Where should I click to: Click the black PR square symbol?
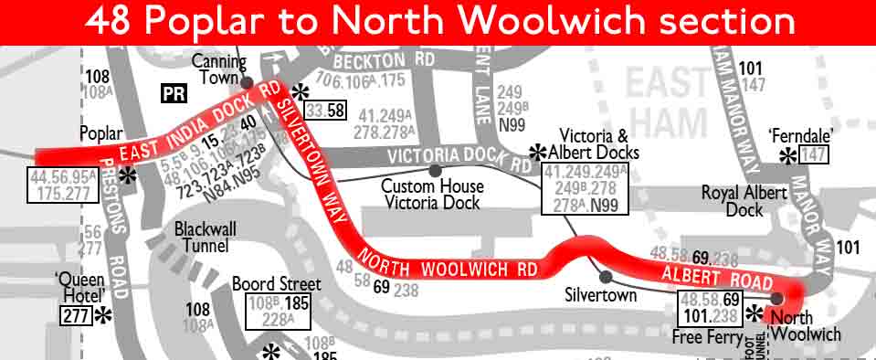point(173,93)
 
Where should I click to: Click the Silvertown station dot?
point(604,276)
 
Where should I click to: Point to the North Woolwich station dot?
point(777,298)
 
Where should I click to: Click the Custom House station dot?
point(434,170)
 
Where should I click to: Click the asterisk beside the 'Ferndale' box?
point(787,156)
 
